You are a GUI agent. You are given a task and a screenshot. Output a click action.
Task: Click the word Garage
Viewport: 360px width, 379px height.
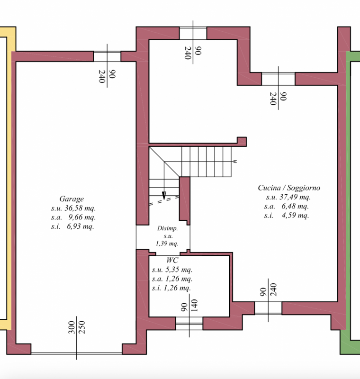coord(72,199)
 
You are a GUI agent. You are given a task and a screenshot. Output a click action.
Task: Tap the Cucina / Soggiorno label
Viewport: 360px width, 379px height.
coord(289,188)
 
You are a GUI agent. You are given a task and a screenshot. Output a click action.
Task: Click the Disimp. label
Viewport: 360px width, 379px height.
coord(167,228)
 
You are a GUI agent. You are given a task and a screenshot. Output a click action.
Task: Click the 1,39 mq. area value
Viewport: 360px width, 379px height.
coord(167,244)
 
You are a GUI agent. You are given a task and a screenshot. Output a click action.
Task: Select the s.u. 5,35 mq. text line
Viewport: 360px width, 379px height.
coord(171,270)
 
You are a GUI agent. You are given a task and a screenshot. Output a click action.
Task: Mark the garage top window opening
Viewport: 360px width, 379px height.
coord(107,56)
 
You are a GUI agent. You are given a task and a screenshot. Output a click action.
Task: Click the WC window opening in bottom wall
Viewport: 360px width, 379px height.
coord(189,324)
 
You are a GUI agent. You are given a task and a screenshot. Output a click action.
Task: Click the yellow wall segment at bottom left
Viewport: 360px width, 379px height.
coord(6,324)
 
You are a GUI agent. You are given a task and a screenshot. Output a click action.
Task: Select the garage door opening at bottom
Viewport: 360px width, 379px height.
coord(76,352)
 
